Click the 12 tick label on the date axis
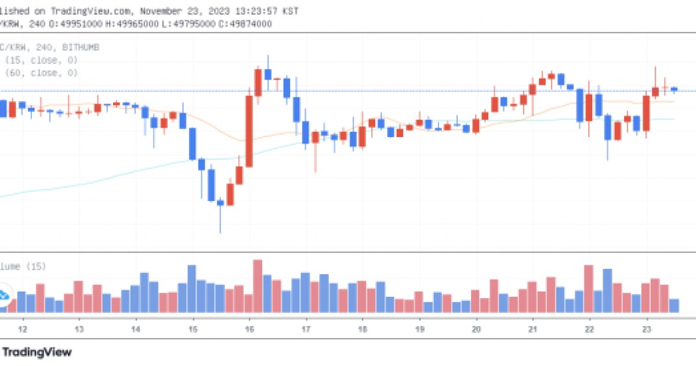tap(23, 329)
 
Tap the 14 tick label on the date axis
tap(136, 329)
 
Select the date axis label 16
tap(249, 329)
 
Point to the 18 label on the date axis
tap(362, 329)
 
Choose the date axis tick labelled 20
tap(476, 329)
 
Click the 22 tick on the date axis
tap(589, 329)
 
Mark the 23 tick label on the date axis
tap(646, 329)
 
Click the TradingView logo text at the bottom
tap(38, 352)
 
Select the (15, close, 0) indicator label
tap(42, 60)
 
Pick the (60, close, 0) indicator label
tap(42, 73)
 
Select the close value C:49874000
tap(244, 23)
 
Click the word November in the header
tap(164, 10)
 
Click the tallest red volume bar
tap(258, 286)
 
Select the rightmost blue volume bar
tap(674, 306)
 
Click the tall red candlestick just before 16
tap(249, 131)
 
